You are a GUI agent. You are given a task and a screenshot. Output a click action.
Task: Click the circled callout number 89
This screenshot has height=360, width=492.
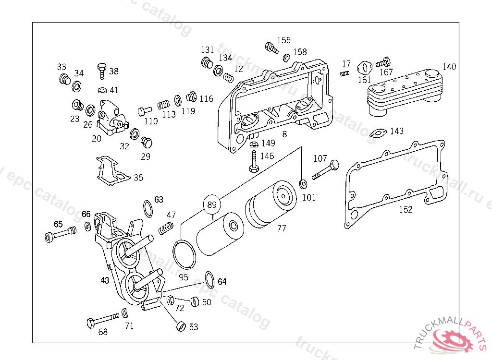(212, 204)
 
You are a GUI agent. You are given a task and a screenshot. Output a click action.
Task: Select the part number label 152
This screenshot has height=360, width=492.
(406, 209)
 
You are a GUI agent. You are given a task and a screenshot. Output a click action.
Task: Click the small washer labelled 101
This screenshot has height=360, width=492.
(303, 184)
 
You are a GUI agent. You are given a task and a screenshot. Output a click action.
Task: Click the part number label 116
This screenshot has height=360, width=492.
(206, 99)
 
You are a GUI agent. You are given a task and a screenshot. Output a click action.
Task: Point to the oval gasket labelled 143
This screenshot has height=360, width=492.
(380, 133)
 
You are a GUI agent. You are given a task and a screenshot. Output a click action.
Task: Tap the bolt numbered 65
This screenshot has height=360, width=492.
(60, 234)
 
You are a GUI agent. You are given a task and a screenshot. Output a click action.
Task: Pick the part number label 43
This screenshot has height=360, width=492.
(105, 280)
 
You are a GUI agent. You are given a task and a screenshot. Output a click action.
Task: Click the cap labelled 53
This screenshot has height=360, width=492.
(180, 326)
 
